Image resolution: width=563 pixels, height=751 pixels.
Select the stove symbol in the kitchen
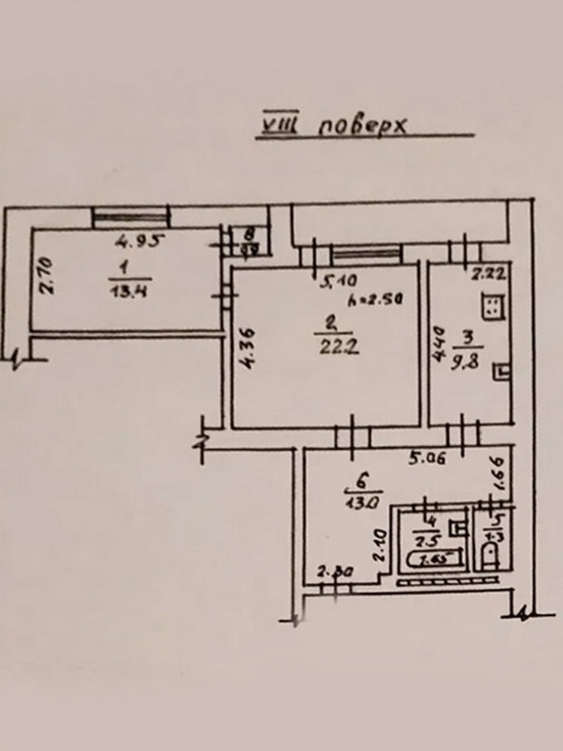[x=492, y=305]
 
